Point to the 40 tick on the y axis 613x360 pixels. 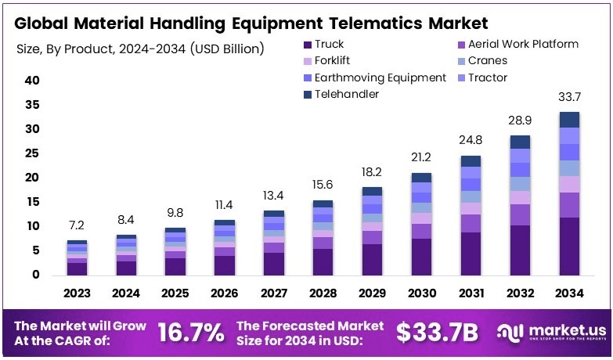pos(32,81)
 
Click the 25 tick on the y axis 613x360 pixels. pos(32,153)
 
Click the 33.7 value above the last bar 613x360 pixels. pos(569,97)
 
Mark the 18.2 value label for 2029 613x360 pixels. pos(373,172)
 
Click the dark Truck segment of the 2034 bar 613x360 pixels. pos(569,246)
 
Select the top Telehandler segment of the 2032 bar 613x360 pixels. pos(521,142)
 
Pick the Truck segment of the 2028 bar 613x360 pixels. pos(323,261)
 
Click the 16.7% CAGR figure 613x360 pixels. pos(191,333)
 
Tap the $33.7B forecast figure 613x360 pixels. pos(437,333)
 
